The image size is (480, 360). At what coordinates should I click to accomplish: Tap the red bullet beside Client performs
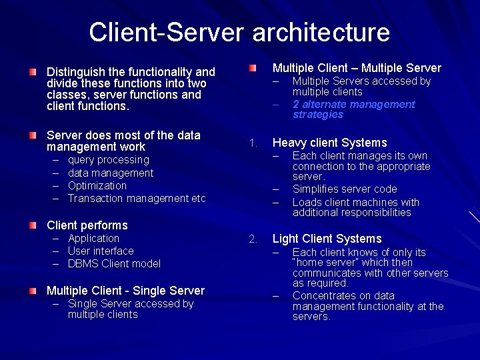(33, 225)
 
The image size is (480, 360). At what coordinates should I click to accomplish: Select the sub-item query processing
(109, 160)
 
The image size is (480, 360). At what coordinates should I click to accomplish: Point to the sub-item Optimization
(97, 185)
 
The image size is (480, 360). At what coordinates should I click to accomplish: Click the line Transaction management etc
(137, 198)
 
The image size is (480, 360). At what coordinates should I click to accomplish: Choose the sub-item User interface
(101, 251)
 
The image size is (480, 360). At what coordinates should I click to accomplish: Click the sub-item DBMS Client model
(114, 263)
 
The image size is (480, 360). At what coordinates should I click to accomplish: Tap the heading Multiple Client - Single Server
(125, 290)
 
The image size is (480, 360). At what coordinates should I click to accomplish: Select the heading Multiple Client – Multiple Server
(357, 68)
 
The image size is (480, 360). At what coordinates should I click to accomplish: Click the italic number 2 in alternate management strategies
(296, 104)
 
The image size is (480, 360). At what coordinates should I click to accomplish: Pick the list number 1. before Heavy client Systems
(253, 143)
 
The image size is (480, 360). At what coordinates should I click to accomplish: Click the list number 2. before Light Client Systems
(253, 239)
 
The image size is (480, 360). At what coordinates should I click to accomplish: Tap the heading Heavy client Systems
(329, 143)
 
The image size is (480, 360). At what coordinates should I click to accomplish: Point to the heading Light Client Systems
(327, 239)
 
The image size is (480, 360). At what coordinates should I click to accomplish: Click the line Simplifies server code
(345, 189)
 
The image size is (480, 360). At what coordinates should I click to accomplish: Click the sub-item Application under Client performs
(93, 238)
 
